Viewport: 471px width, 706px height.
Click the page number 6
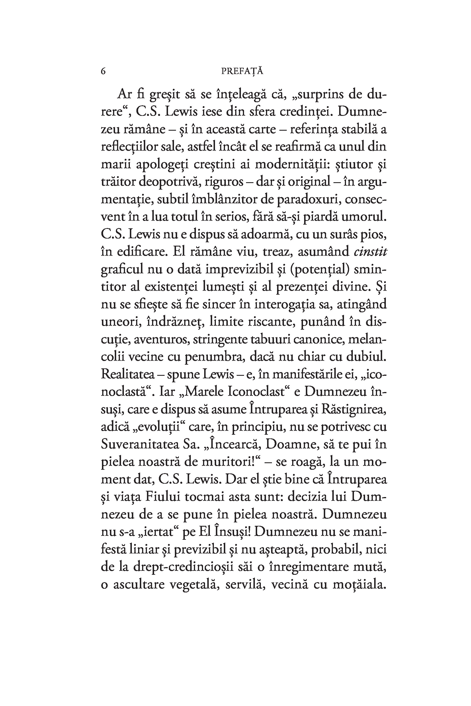(x=103, y=71)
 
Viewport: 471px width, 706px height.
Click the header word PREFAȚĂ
(x=242, y=71)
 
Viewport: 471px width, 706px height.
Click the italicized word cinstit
(x=370, y=252)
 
